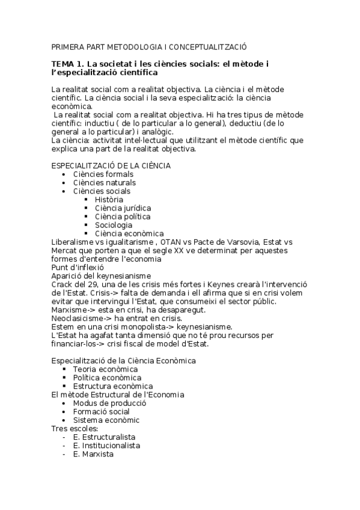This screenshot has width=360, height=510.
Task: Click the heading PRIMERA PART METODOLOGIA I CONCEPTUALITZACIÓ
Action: pyautogui.click(x=149, y=46)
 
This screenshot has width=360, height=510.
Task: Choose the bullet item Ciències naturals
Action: pyautogui.click(x=104, y=183)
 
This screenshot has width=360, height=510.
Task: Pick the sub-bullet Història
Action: pyautogui.click(x=109, y=200)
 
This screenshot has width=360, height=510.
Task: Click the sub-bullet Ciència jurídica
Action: pyautogui.click(x=123, y=208)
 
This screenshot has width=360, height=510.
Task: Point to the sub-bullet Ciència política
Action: pyautogui.click(x=123, y=217)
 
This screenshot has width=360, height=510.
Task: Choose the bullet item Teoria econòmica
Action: pyautogui.click(x=105, y=369)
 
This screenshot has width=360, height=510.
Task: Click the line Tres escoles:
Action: pyautogui.click(x=70, y=428)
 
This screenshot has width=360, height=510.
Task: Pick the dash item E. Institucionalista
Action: pyautogui.click(x=106, y=446)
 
